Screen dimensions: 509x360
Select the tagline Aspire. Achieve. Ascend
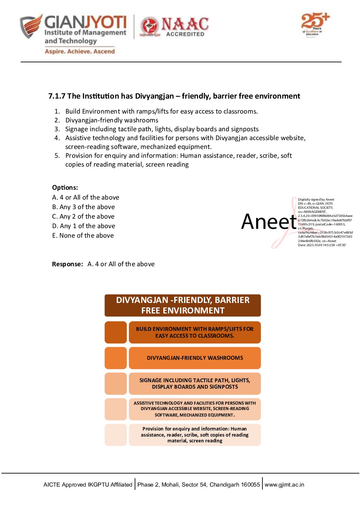pyautogui.click(x=80, y=51)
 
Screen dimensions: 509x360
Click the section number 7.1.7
pyautogui.click(x=56, y=96)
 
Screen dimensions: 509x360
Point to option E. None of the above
pyautogui.click(x=83, y=236)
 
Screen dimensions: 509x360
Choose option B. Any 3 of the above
pyautogui.click(x=83, y=207)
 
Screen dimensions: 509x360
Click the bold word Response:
pyautogui.click(x=67, y=264)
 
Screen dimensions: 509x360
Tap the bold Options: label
pyautogui.click(x=65, y=188)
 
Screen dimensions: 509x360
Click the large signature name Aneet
pyautogui.click(x=269, y=222)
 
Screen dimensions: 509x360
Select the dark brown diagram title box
pyautogui.click(x=183, y=305)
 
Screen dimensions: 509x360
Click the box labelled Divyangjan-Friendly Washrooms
pyautogui.click(x=195, y=358)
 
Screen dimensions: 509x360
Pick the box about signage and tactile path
pyautogui.click(x=195, y=384)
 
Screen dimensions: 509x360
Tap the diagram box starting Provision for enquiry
pyautogui.click(x=195, y=435)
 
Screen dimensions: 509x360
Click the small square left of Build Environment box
pyautogui.click(x=116, y=332)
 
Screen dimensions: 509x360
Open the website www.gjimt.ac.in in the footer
pyautogui.click(x=284, y=485)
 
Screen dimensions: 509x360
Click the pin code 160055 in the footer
pyautogui.click(x=250, y=485)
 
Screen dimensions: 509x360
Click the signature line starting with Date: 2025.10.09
pyautogui.click(x=322, y=245)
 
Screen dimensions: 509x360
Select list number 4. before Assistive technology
pyautogui.click(x=57, y=138)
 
